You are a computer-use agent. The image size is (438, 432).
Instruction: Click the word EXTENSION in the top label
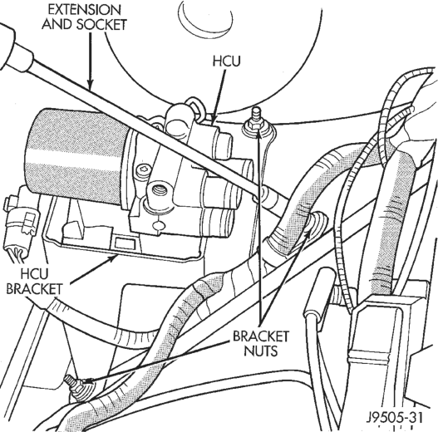[85, 10]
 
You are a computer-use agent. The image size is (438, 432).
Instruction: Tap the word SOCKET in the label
[102, 24]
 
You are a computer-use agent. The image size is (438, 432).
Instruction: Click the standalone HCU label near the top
[226, 61]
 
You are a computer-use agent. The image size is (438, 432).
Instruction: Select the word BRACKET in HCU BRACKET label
[34, 289]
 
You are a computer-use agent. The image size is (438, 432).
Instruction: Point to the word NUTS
[261, 351]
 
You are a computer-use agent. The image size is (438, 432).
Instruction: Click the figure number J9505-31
[395, 418]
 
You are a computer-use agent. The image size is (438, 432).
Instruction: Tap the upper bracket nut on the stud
[256, 125]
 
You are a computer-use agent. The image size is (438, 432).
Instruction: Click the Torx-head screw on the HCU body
[143, 169]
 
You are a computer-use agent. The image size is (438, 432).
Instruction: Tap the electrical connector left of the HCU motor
[20, 221]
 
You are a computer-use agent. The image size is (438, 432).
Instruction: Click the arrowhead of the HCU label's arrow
[213, 120]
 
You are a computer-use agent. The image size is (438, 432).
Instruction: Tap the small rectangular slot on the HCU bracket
[125, 243]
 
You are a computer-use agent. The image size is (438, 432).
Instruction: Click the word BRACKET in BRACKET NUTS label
[261, 336]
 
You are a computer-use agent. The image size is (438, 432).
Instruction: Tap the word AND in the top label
[57, 24]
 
